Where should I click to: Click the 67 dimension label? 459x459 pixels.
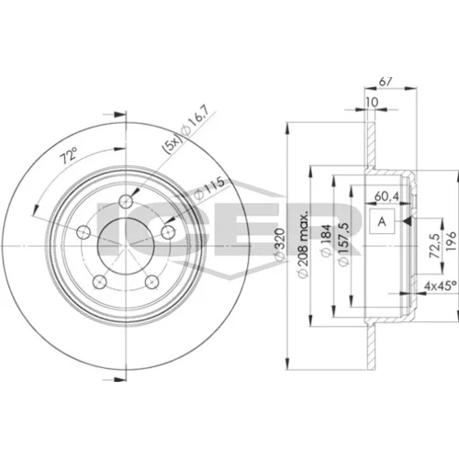386,82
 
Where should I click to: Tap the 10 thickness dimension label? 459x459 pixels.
372,102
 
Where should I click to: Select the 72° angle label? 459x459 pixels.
69,155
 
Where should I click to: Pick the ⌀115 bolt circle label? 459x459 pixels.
209,189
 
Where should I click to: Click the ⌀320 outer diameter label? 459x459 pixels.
280,245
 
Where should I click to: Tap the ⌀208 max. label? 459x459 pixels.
303,244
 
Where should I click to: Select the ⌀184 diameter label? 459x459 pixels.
326,241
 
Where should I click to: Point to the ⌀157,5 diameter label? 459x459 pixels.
343,244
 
